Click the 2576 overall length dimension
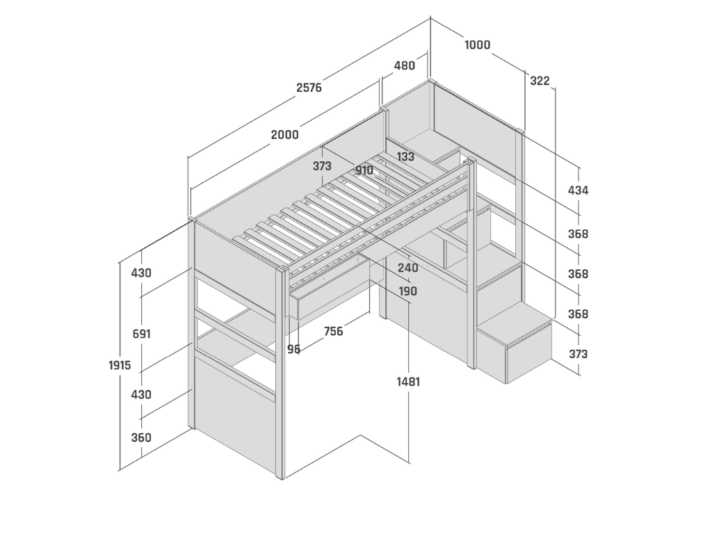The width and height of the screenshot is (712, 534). coord(309,88)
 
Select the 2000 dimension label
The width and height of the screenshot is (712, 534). coord(285,135)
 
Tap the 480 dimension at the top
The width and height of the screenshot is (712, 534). coord(404,66)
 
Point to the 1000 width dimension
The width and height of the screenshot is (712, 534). coord(477,45)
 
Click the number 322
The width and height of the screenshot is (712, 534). coord(540,81)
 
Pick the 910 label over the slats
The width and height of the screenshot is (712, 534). coord(364,170)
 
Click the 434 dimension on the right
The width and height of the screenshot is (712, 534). coord(578,191)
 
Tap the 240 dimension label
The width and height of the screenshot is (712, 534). coord(407,268)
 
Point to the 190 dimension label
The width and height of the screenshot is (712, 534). coord(407,291)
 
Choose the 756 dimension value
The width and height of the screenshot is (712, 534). coord(334,332)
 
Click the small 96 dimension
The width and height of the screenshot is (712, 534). coord(294,349)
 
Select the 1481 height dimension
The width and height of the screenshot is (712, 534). coord(408,382)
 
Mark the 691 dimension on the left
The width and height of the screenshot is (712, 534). coord(141,334)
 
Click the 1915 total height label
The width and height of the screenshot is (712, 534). coord(120,365)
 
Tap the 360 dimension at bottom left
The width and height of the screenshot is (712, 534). coord(141,438)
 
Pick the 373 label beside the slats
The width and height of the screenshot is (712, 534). coord(322,167)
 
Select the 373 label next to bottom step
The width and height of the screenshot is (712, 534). coord(578,355)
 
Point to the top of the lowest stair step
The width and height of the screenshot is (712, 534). coord(515,325)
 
